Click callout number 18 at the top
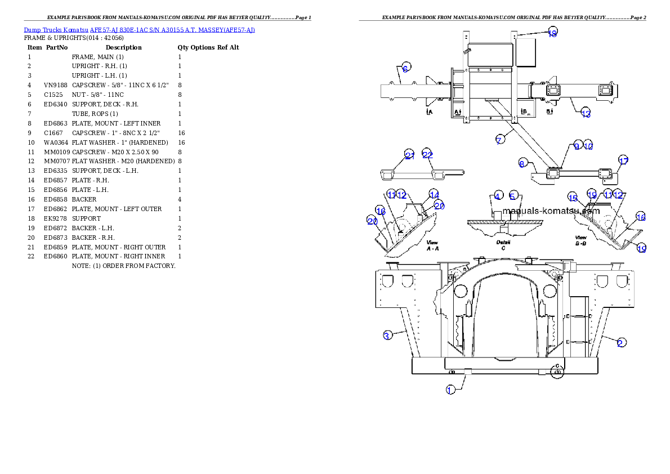pyautogui.click(x=552, y=33)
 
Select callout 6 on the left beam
pyautogui.click(x=406, y=66)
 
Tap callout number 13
pyautogui.click(x=586, y=114)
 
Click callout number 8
pyautogui.click(x=522, y=163)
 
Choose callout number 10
pyautogui.click(x=588, y=145)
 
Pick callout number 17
pyautogui.click(x=623, y=160)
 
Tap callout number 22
pyautogui.click(x=427, y=155)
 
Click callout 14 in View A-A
pyautogui.click(x=434, y=193)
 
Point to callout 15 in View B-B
pyautogui.click(x=573, y=198)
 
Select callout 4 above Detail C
pyautogui.click(x=498, y=196)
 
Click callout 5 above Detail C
pyautogui.click(x=512, y=196)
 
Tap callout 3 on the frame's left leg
pyautogui.click(x=387, y=336)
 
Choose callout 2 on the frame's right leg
pyautogui.click(x=620, y=342)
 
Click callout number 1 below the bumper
pyautogui.click(x=450, y=390)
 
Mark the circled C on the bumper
pyautogui.click(x=557, y=372)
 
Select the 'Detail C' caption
pyautogui.click(x=503, y=244)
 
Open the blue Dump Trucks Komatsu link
pyautogui.click(x=139, y=30)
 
